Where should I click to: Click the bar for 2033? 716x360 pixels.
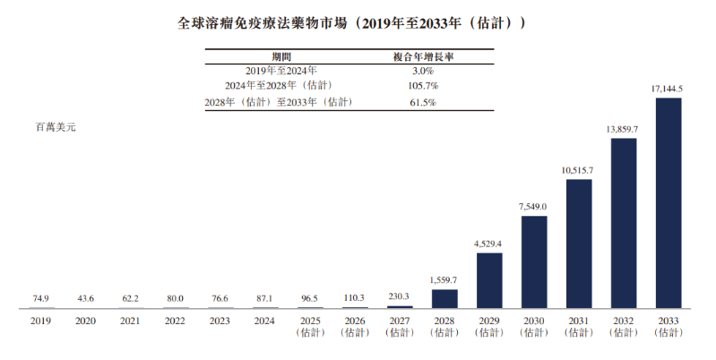(x=669, y=203)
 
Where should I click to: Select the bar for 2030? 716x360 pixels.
(x=534, y=261)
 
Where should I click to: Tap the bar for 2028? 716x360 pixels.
(x=444, y=299)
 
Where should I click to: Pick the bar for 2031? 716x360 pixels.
(x=579, y=244)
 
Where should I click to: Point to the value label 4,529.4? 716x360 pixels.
(x=489, y=244)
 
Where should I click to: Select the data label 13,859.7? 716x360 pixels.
(x=624, y=129)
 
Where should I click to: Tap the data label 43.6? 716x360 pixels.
(x=85, y=298)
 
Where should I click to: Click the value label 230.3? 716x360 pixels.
(x=400, y=296)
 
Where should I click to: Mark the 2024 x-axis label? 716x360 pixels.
(x=264, y=321)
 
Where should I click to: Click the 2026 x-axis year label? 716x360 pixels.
(x=355, y=321)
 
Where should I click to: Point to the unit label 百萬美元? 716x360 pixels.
(x=56, y=127)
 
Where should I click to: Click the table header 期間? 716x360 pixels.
(x=281, y=56)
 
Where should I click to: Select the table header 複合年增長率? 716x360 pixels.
(x=423, y=56)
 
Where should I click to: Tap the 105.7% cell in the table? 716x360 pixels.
(x=423, y=85)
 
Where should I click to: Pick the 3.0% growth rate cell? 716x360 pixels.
(x=423, y=71)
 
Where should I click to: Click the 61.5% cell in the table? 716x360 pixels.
(x=423, y=102)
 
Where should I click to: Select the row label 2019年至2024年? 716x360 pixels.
(x=281, y=71)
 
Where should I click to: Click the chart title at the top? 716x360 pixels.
(x=351, y=23)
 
